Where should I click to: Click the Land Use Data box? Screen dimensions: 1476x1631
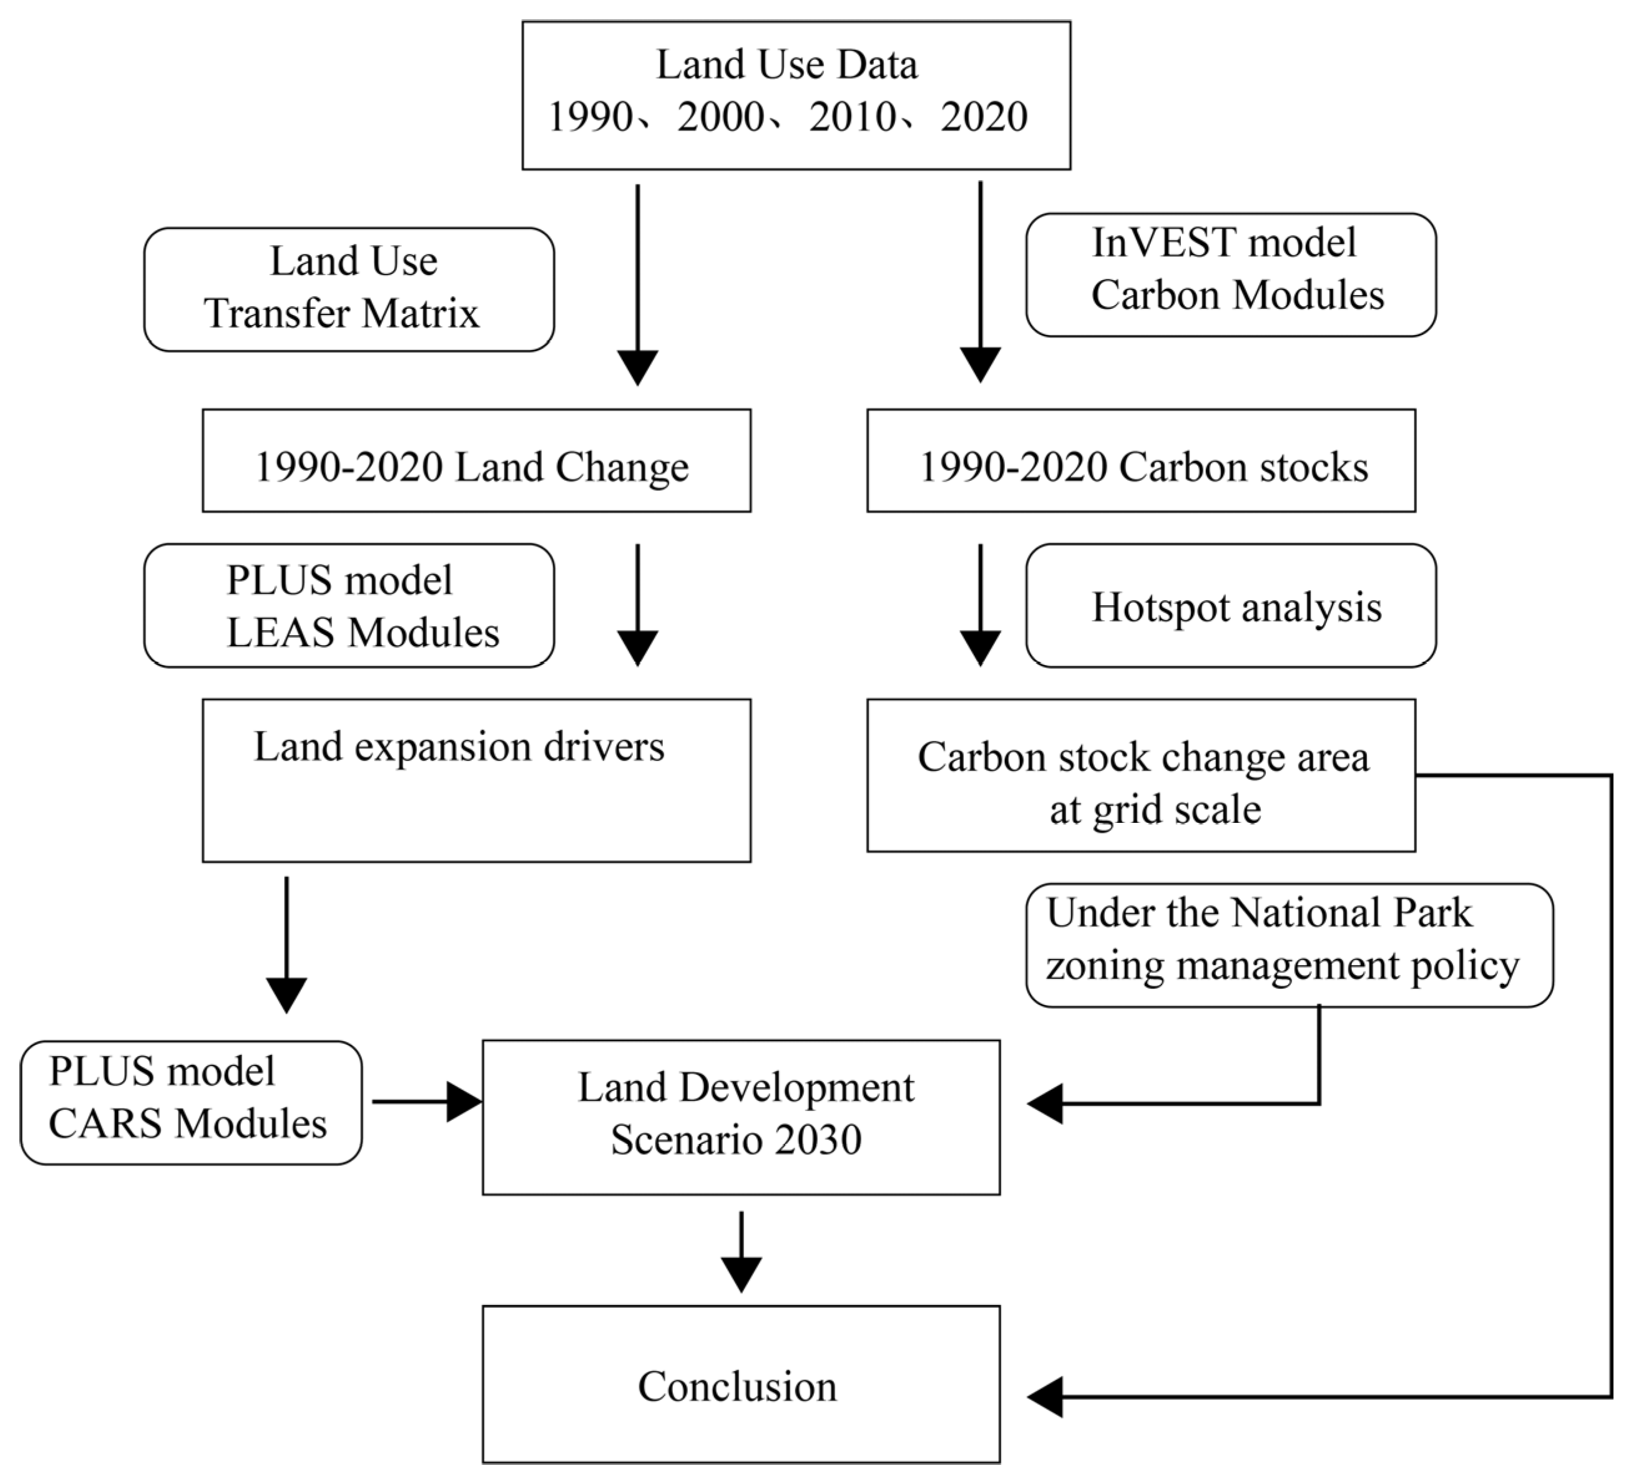795,95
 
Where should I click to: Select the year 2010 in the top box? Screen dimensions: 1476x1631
852,117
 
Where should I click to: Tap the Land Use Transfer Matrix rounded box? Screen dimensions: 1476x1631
349,289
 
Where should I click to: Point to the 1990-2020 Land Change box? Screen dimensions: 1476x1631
476,460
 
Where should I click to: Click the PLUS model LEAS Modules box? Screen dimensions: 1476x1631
349,605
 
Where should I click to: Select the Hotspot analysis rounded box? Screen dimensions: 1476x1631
1230,605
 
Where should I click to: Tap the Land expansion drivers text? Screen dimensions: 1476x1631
459,745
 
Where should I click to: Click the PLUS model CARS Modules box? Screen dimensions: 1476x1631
191,1102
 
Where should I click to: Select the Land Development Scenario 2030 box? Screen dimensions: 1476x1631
740,1116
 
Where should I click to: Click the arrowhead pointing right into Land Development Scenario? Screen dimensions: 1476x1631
464,1102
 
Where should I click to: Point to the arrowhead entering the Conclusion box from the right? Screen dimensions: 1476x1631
1046,1396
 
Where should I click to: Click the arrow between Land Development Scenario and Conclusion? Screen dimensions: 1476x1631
740,1250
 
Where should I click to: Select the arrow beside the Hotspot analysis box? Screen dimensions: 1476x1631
980,605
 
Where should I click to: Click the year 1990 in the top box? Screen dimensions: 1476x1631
590,117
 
